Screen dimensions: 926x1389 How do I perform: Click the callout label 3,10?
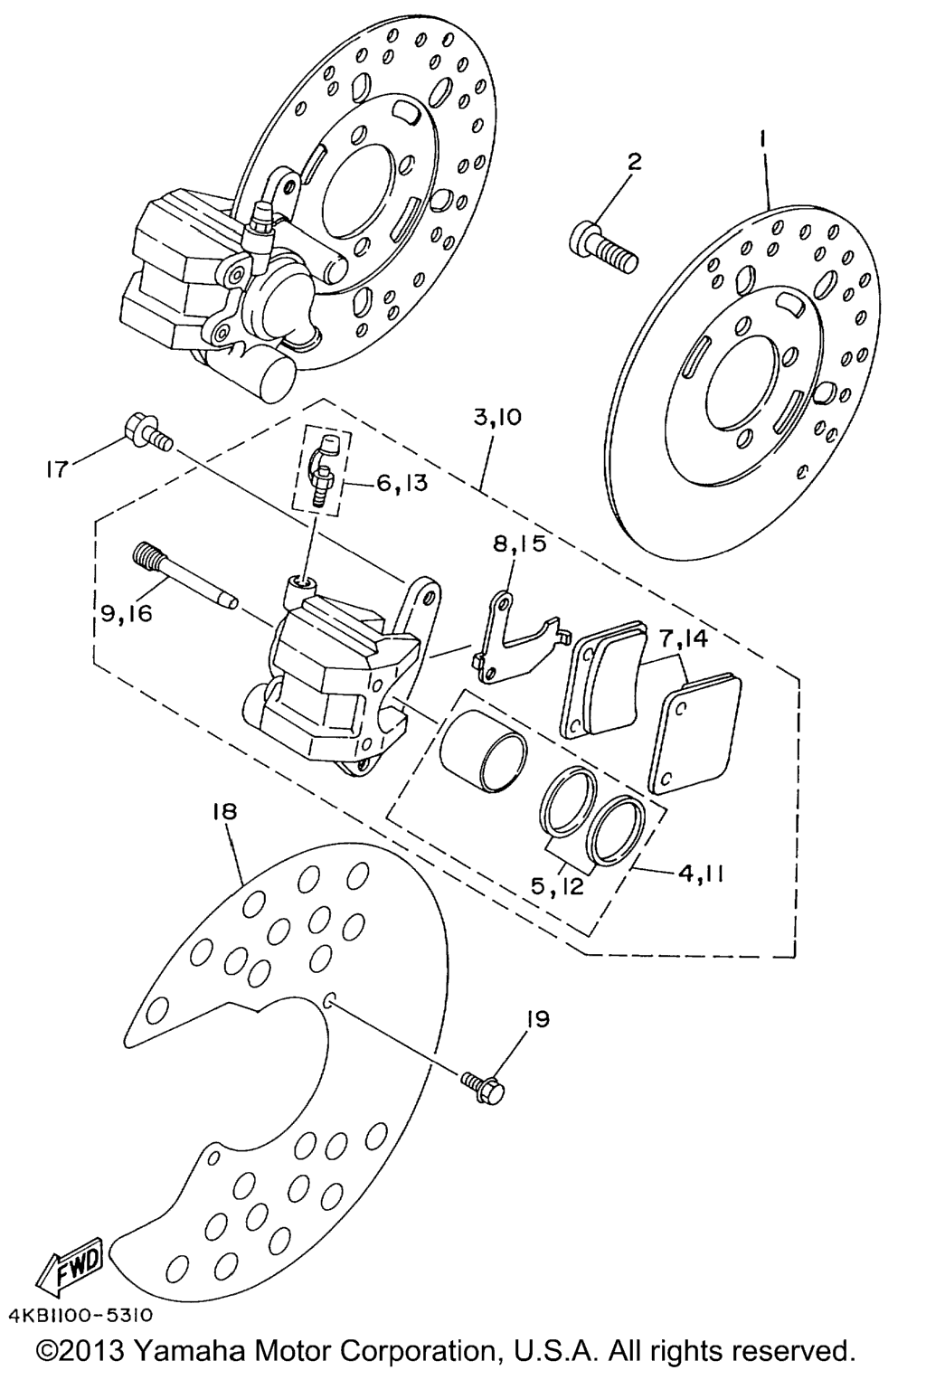[497, 417]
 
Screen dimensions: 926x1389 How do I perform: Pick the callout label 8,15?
[520, 543]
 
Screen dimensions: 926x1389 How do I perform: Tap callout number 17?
[55, 469]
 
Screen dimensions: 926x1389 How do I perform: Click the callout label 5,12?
[558, 886]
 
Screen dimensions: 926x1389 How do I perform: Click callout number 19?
[538, 1019]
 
